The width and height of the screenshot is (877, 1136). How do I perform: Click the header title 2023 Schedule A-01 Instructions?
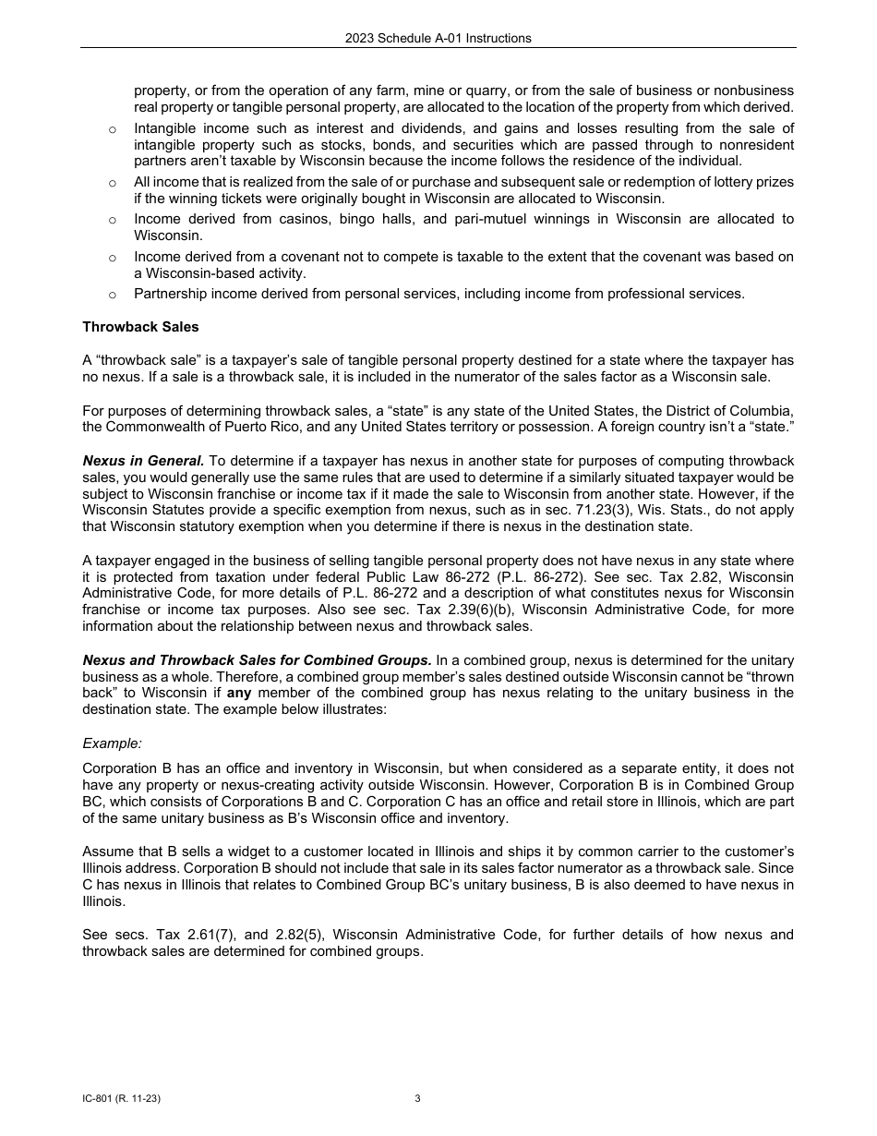point(438,38)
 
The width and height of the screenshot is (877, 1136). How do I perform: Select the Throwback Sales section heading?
point(140,327)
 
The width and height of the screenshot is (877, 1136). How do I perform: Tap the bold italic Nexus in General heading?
point(143,461)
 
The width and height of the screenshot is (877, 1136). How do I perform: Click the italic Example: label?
point(112,743)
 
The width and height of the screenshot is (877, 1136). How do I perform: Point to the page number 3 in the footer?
point(417,1099)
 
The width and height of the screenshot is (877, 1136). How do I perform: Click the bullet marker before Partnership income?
point(112,295)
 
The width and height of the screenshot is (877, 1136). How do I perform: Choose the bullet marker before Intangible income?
point(112,129)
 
